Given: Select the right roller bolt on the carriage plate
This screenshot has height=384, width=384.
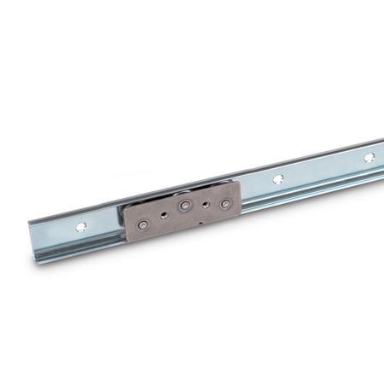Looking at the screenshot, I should (224, 205).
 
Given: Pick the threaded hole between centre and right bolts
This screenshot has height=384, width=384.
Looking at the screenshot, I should (206, 205).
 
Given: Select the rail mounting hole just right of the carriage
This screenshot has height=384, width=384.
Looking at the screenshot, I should (278, 179).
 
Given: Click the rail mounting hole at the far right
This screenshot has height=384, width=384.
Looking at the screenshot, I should (369, 158).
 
